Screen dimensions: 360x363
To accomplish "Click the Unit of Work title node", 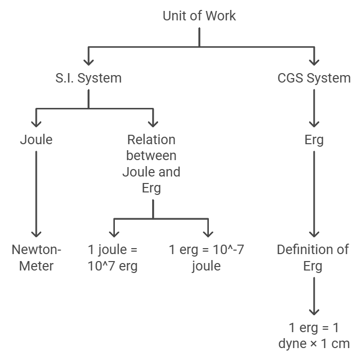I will pyautogui.click(x=199, y=16).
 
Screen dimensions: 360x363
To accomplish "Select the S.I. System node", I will pyautogui.click(x=88, y=78).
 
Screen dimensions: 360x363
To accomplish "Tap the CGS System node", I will pyautogui.click(x=314, y=78).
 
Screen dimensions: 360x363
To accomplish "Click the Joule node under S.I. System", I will pyautogui.click(x=36, y=140).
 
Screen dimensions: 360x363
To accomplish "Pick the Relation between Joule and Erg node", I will pyautogui.click(x=152, y=164).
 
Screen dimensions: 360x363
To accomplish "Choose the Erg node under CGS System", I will pyautogui.click(x=314, y=140).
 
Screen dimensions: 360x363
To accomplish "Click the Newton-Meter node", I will pyautogui.click(x=36, y=258).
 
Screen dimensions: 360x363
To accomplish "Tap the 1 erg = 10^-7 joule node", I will pyautogui.click(x=206, y=258).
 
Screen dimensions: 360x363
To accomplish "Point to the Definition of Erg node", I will pyautogui.click(x=313, y=258).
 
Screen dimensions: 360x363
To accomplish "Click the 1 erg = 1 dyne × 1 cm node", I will pyautogui.click(x=313, y=336).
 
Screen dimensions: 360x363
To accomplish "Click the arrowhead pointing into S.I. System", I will pyautogui.click(x=89, y=62).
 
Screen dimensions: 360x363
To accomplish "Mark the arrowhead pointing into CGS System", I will pyautogui.click(x=314, y=62).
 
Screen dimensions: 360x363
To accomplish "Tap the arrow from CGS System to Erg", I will pyautogui.click(x=314, y=107).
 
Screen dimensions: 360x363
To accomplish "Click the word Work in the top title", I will pyautogui.click(x=219, y=16).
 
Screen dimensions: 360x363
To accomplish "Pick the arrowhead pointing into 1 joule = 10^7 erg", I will pyautogui.click(x=114, y=233).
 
